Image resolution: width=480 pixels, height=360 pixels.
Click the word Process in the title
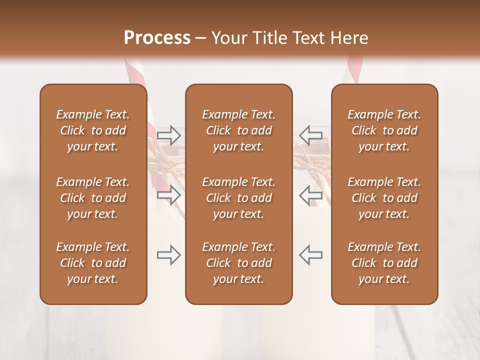[x=157, y=38]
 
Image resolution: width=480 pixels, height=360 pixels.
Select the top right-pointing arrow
[x=169, y=134]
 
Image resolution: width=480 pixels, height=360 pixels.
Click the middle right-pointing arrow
[x=169, y=195]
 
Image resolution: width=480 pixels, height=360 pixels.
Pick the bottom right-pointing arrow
[x=169, y=255]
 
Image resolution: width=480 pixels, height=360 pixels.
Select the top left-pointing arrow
[x=311, y=134]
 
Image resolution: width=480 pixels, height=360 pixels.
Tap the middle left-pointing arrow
[x=311, y=195]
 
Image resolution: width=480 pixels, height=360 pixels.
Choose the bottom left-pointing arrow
[x=311, y=255]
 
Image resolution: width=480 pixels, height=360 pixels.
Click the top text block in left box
[x=93, y=130]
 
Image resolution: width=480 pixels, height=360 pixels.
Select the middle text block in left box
[x=93, y=198]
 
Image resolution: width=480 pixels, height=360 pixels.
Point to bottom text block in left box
[x=93, y=263]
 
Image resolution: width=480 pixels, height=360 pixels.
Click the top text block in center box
[x=238, y=130]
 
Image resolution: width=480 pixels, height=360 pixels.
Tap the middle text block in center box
[x=238, y=198]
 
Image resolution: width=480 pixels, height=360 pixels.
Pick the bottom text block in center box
[x=238, y=263]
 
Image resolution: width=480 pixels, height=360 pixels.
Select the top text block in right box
[x=384, y=130]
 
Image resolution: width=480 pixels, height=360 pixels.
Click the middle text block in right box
[x=384, y=198]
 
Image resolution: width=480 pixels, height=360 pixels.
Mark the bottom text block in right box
[x=384, y=263]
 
